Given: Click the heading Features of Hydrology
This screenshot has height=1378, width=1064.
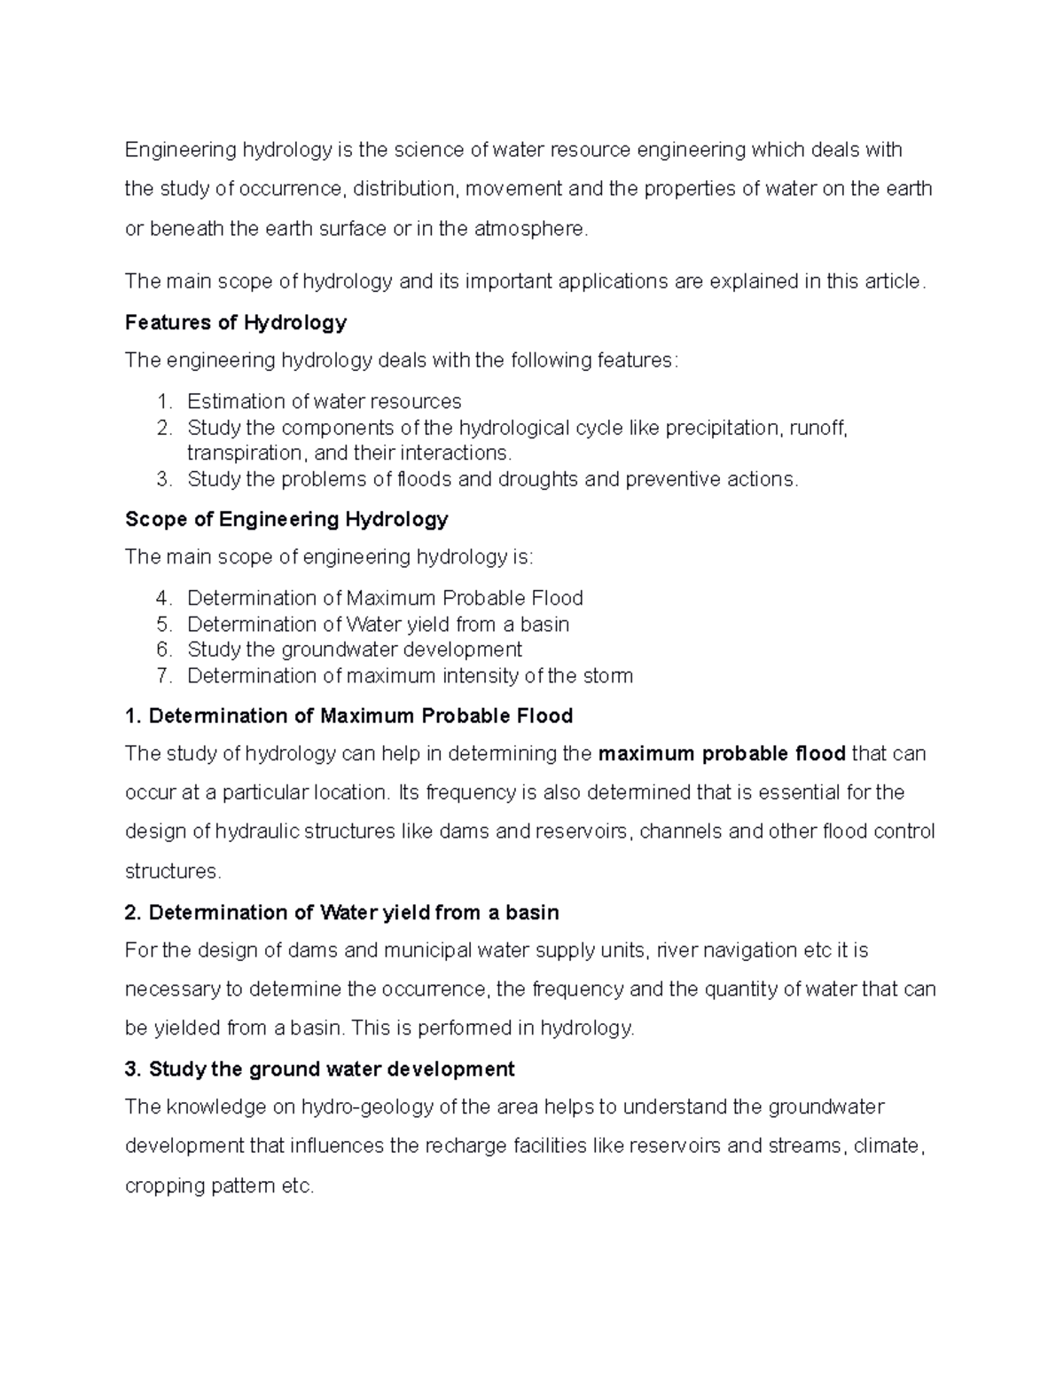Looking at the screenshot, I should (x=235, y=322).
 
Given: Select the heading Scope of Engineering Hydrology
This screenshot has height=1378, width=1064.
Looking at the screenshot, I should (x=286, y=519).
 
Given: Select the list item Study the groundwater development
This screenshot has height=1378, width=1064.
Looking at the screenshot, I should (x=355, y=650).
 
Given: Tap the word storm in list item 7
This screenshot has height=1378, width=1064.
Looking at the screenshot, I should (x=607, y=676).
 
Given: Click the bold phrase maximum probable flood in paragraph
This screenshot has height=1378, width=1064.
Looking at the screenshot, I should (x=722, y=754).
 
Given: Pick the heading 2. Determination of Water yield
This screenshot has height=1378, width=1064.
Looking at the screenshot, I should (x=342, y=912).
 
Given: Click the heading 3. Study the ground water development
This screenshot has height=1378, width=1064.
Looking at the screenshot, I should (x=319, y=1069).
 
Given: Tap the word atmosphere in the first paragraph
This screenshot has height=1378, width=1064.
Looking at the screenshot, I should (x=529, y=229).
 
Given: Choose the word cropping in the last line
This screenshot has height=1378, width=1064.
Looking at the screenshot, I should (x=162, y=1186).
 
